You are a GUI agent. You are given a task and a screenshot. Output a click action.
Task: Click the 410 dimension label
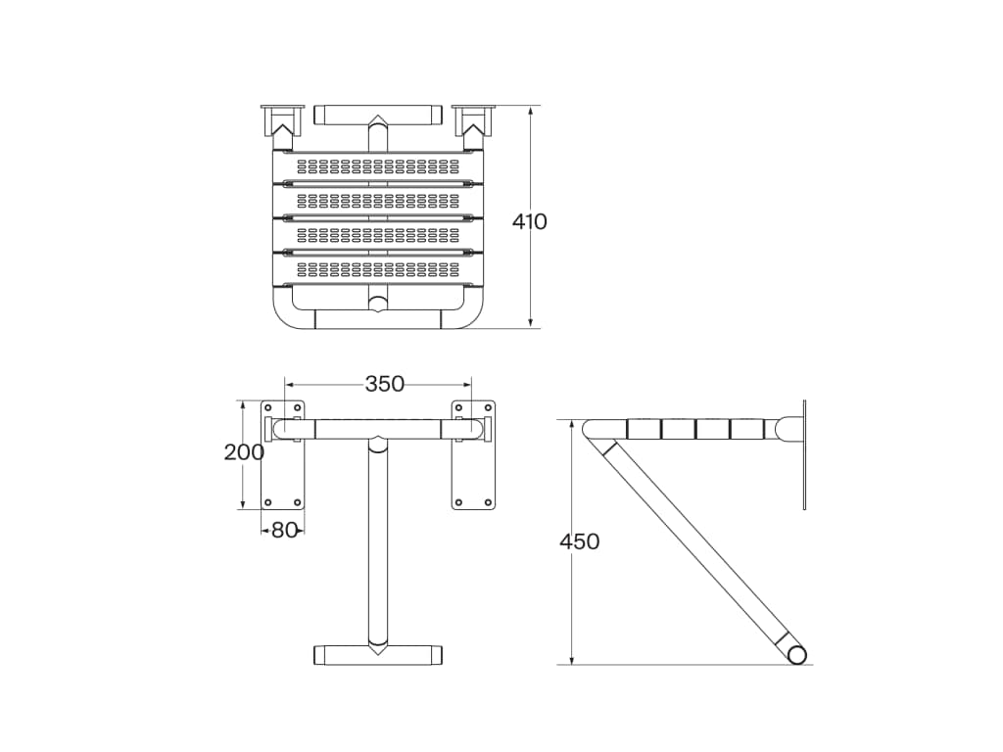[529, 222]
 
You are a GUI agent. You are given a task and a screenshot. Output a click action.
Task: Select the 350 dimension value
[384, 384]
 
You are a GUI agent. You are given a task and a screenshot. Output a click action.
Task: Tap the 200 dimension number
[244, 452]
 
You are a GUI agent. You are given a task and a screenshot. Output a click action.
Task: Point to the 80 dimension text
[285, 530]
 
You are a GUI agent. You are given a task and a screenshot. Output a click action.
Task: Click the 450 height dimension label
[579, 541]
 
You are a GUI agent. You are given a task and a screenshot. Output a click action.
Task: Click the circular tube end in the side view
[797, 655]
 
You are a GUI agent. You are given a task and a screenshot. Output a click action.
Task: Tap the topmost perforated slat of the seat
[378, 166]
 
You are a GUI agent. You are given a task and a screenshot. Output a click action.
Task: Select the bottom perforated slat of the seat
[378, 269]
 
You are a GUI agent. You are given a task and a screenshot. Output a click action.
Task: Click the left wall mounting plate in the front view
[282, 454]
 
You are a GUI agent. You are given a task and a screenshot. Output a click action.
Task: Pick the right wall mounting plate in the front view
[473, 454]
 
